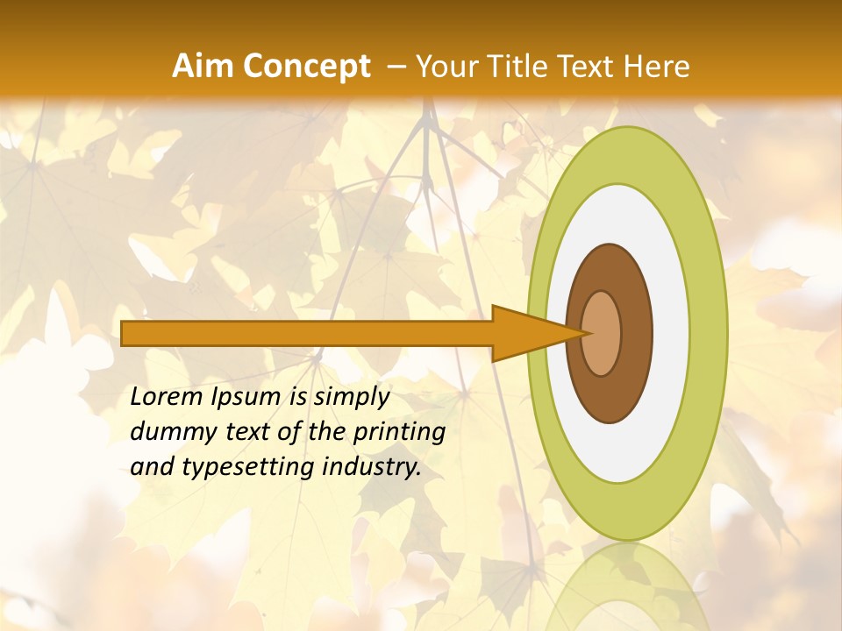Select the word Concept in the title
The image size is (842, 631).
[x=306, y=67]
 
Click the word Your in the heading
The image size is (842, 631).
[x=446, y=67]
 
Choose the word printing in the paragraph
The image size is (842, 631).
[x=399, y=432]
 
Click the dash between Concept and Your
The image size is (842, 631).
[x=396, y=67]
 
